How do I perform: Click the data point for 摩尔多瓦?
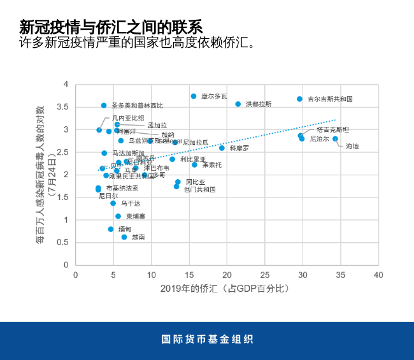194,96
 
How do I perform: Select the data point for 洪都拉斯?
238,104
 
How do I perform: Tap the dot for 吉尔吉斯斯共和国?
299,99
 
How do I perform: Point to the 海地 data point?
335,139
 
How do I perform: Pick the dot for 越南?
124,237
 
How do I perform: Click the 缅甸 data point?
111,229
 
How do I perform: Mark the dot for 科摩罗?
222,148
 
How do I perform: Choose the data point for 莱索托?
194,164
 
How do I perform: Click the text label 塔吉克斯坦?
332,129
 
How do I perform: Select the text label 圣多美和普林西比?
137,105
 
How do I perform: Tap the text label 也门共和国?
199,189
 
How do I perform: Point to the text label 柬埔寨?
135,217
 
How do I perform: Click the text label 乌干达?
131,203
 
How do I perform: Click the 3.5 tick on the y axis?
64,107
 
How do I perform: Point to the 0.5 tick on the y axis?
64,242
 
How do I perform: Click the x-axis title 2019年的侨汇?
226,290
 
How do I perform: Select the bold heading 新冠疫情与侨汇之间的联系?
111,27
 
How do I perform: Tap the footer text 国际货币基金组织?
207,340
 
